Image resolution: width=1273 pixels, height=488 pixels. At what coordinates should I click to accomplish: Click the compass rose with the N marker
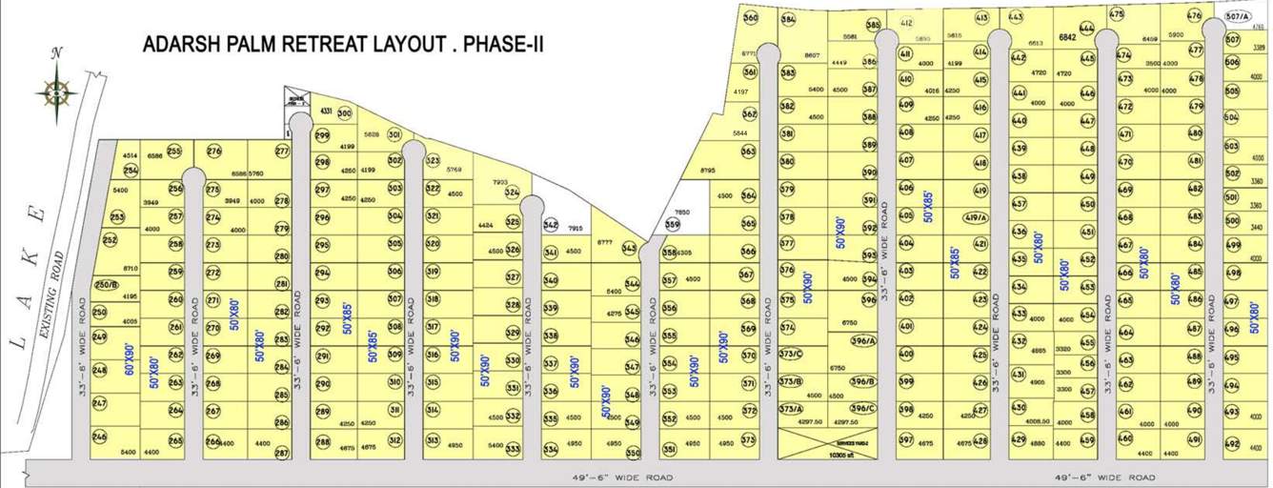pyautogui.click(x=56, y=91)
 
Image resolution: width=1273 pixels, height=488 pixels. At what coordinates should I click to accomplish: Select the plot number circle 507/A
pyautogui.click(x=1238, y=17)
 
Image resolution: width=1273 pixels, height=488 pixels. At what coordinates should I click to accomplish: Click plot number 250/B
pyautogui.click(x=107, y=285)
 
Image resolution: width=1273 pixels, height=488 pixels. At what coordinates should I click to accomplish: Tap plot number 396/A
pyautogui.click(x=863, y=341)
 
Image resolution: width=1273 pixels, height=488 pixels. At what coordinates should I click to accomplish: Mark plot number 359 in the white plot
pyautogui.click(x=673, y=225)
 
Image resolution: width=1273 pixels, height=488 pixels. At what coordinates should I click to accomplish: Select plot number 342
pyautogui.click(x=550, y=225)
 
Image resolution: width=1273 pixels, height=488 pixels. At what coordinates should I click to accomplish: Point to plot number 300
pyautogui.click(x=345, y=113)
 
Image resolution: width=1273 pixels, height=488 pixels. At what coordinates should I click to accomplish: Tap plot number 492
pyautogui.click(x=1231, y=445)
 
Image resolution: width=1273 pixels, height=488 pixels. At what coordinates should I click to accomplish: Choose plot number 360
pyautogui.click(x=750, y=18)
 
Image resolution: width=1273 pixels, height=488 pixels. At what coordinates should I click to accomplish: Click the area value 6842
pyautogui.click(x=1067, y=37)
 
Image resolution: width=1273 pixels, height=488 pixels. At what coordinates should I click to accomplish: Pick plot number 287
pyautogui.click(x=281, y=454)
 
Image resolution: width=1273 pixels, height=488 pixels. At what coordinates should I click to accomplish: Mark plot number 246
pyautogui.click(x=99, y=436)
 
